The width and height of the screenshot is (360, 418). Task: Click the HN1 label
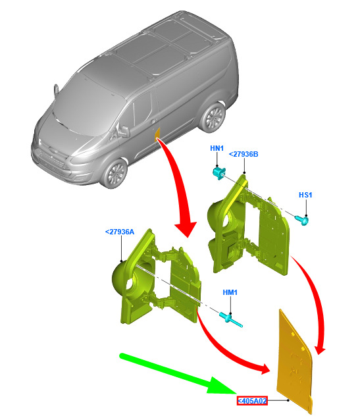point(217,148)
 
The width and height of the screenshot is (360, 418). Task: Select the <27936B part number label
point(244,154)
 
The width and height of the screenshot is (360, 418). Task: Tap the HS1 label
point(305,195)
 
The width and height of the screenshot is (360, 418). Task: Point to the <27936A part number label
point(120,232)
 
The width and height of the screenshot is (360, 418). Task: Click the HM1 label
point(230,292)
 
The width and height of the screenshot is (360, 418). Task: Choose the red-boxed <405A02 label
point(252,401)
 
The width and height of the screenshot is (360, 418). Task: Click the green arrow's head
point(221,386)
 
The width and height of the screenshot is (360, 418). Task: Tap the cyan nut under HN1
point(219,172)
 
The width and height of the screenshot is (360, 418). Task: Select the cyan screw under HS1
point(302,220)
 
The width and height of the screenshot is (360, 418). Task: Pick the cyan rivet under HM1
point(230,320)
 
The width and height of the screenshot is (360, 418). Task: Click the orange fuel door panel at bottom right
point(294,363)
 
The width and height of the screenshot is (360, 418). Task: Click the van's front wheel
point(115,173)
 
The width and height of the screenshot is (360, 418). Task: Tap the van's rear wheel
point(213,117)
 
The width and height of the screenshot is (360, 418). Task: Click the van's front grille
point(51,159)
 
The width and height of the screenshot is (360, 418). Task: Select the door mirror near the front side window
point(124,130)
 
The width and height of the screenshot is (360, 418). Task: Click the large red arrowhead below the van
point(186,228)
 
